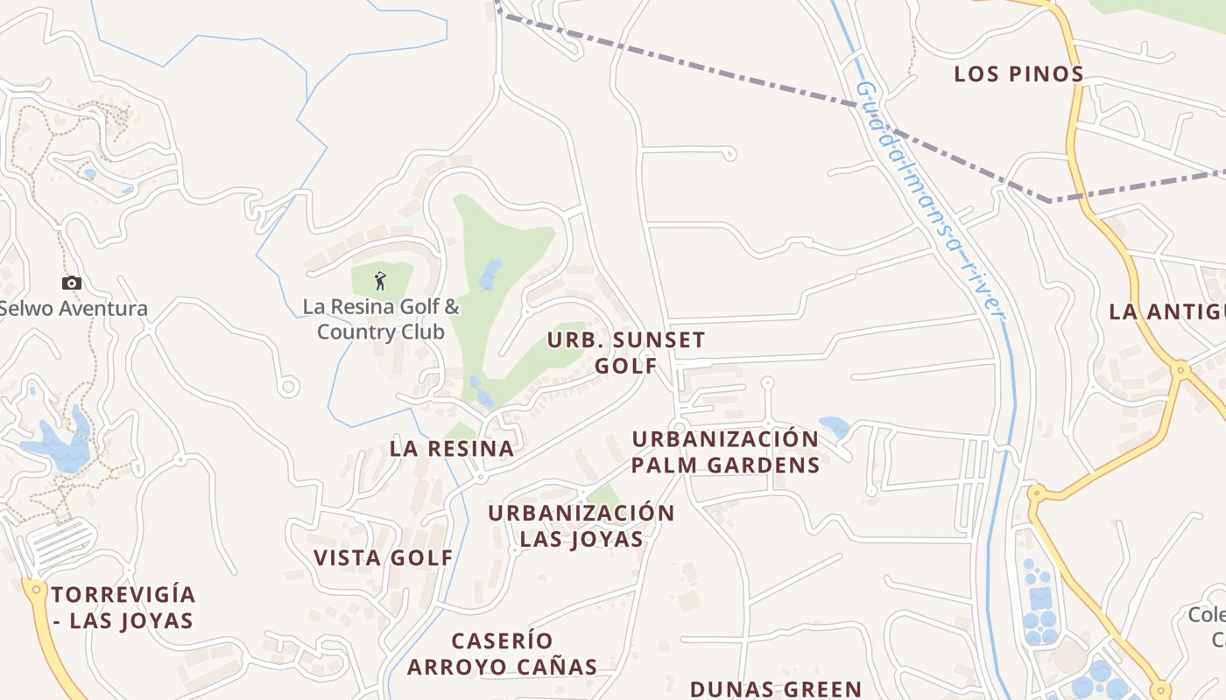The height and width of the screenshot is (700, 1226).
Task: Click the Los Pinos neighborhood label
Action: [1018, 74]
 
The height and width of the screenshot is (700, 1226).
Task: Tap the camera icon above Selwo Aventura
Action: [72, 283]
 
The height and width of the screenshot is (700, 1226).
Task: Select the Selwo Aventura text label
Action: [74, 309]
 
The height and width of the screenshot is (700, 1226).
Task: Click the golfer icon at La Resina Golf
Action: [380, 281]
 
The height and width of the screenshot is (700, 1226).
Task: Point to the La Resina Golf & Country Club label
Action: [381, 319]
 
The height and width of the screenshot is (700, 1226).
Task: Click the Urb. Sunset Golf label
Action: [626, 353]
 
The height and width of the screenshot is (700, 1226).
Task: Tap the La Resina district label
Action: [451, 449]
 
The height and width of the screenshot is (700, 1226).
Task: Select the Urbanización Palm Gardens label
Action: [725, 451]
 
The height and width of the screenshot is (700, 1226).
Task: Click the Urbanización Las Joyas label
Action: [581, 526]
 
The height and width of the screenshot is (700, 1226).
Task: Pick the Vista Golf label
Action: [384, 558]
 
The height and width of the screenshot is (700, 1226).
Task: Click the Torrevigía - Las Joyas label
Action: [123, 608]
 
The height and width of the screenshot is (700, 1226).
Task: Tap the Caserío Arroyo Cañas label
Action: [503, 654]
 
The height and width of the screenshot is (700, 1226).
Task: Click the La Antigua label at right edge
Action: [1166, 311]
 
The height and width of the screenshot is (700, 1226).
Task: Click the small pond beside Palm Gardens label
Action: [834, 427]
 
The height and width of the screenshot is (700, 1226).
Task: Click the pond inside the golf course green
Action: [490, 275]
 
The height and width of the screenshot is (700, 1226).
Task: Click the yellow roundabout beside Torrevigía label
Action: [36, 590]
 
